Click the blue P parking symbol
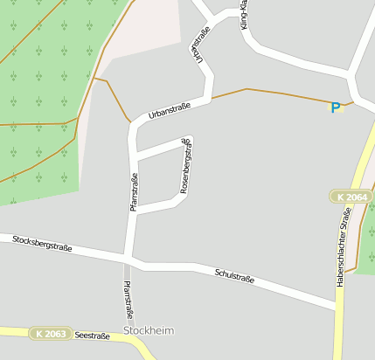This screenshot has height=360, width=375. click(335, 107)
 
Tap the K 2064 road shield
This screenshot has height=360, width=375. click(351, 197)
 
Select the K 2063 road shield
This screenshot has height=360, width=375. click(51, 334)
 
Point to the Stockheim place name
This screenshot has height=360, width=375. click(149, 330)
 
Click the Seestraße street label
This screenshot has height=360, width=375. click(92, 335)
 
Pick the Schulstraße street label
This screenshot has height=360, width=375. click(234, 276)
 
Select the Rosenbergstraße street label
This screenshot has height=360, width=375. click(186, 164)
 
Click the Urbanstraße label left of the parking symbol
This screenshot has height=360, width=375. click(170, 112)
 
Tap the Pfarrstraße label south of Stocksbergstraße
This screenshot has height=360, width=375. click(128, 300)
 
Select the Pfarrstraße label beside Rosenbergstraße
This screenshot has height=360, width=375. click(134, 192)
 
